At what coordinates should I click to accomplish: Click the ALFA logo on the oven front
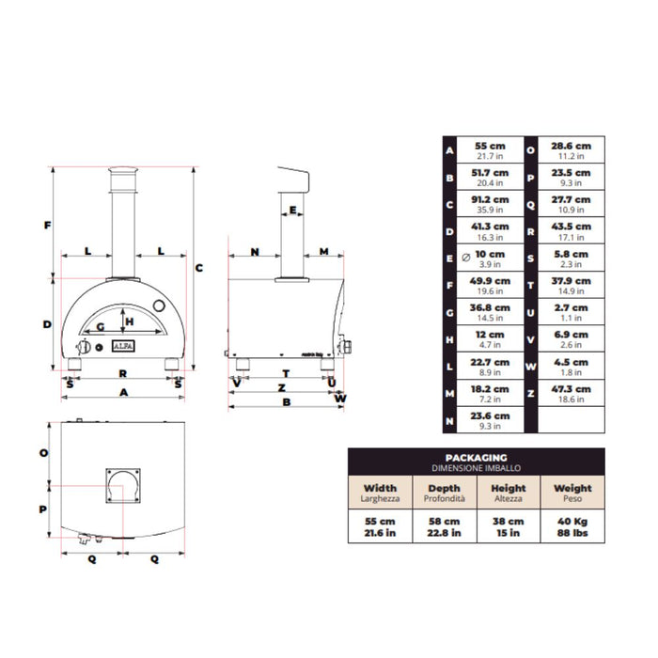point(123,346)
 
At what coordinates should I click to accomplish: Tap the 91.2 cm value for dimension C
point(490,199)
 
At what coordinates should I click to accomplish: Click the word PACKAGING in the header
point(477,458)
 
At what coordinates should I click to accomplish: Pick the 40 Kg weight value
point(572,521)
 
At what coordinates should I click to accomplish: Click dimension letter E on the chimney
point(292,210)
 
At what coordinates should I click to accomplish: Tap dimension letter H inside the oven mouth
point(130,321)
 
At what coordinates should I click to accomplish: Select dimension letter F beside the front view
point(47,226)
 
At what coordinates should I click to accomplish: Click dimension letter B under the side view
point(286,402)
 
